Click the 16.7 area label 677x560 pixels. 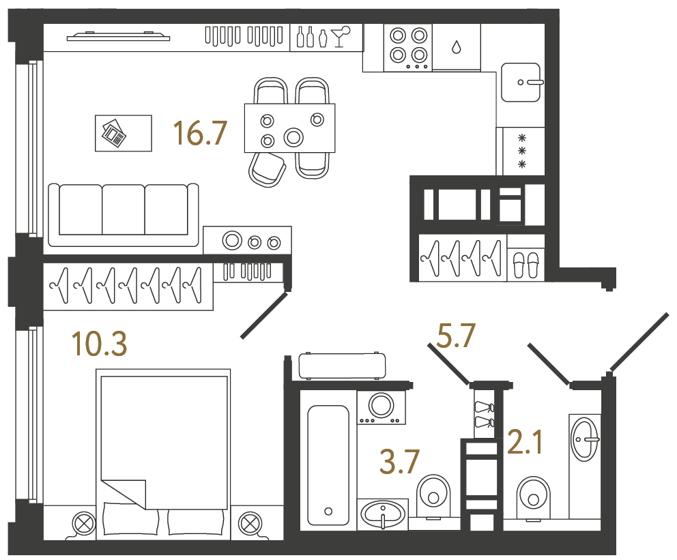coord(199,133)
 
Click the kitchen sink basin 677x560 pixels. coord(522,82)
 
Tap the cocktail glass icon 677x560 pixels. coord(340,36)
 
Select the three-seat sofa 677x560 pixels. coord(124,211)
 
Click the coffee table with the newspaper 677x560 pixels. coord(124,133)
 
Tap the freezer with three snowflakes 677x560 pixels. coord(522,151)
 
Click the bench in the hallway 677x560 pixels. coord(341,366)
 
